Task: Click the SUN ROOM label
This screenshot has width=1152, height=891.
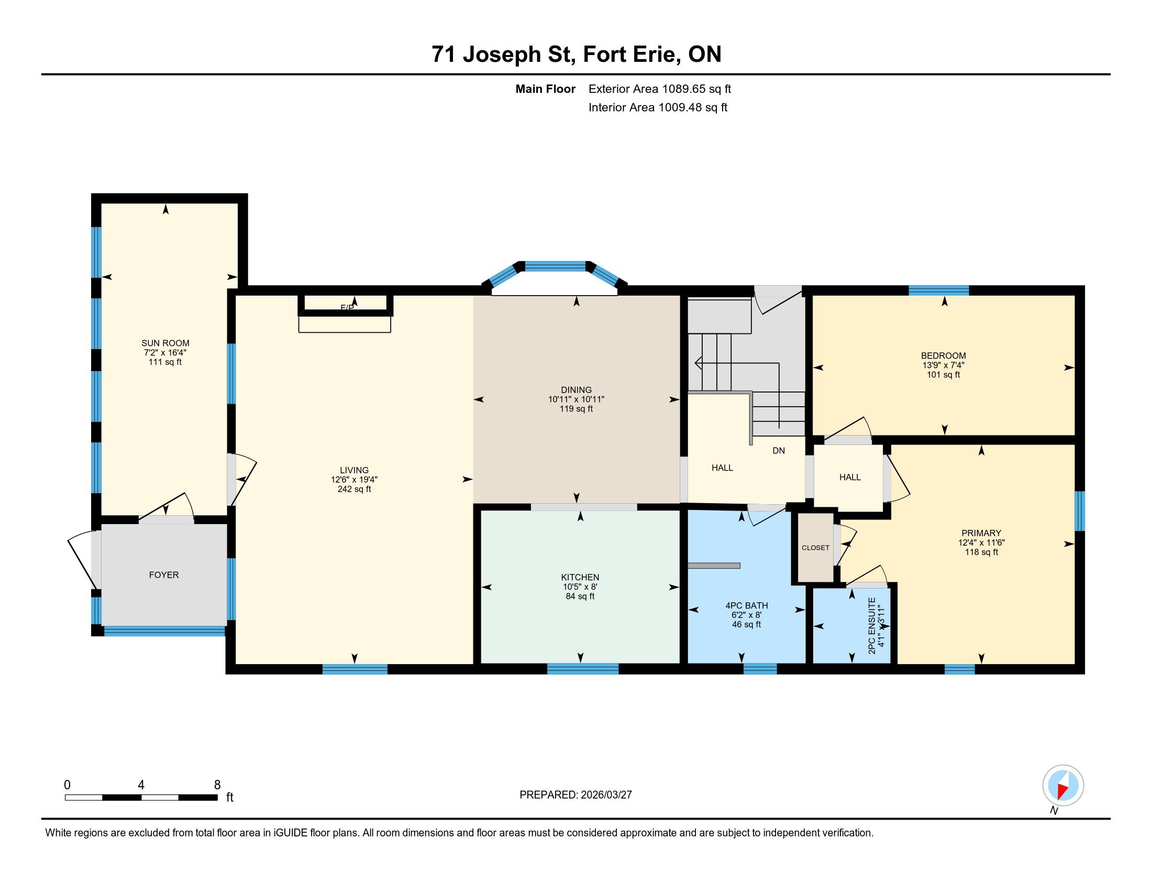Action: click(x=165, y=343)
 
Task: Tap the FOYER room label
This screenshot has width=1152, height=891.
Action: click(x=164, y=575)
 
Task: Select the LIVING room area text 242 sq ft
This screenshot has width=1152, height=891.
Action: click(x=355, y=490)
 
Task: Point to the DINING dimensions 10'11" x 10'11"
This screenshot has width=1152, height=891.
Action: click(x=576, y=399)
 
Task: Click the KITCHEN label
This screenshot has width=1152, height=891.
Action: click(x=580, y=578)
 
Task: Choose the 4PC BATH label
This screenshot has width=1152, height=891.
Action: click(x=746, y=605)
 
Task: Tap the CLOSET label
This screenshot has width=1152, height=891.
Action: click(x=815, y=548)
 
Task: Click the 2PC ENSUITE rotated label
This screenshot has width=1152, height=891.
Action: click(x=872, y=625)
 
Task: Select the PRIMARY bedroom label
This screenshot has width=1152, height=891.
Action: click(x=981, y=533)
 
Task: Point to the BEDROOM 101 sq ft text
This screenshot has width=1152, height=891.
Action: click(x=944, y=375)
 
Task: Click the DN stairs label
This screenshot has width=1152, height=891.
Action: click(x=779, y=451)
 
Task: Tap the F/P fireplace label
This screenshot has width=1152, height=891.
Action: click(x=347, y=307)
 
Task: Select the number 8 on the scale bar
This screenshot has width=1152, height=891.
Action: click(x=217, y=785)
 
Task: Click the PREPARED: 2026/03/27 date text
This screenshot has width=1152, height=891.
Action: click(x=575, y=795)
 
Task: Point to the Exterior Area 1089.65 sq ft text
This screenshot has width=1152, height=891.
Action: click(x=660, y=89)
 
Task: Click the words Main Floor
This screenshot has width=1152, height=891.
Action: click(x=546, y=89)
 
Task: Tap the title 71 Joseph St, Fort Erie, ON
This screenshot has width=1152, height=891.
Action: click(x=577, y=55)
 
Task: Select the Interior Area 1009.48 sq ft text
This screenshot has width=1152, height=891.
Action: click(x=658, y=107)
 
